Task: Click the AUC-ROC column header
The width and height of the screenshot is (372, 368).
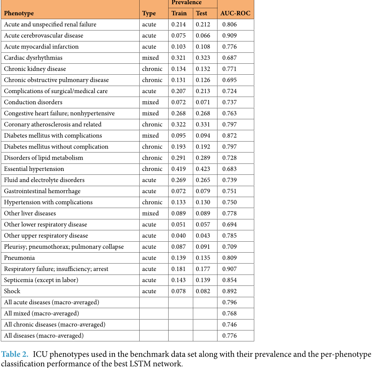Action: (235, 13)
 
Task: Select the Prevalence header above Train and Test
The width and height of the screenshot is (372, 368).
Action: (187, 3)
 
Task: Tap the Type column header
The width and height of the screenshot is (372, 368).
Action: (149, 13)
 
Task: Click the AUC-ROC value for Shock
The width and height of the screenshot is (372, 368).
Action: (230, 291)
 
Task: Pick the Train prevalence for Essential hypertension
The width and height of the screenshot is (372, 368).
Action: (179, 169)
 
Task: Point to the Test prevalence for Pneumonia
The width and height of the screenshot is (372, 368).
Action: (203, 258)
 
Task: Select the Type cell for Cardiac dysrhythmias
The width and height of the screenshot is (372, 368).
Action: (151, 58)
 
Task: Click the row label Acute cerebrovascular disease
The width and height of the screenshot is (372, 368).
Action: (43, 36)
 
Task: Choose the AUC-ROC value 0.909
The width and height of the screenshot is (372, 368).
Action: (230, 36)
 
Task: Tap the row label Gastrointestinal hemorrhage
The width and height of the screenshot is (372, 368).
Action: (42, 191)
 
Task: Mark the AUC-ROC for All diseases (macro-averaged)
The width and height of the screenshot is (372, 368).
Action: (230, 336)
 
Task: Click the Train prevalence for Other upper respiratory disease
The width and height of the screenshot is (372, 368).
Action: (179, 235)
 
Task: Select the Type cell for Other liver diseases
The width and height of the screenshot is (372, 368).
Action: (151, 214)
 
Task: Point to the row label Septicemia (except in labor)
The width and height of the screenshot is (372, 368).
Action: (41, 280)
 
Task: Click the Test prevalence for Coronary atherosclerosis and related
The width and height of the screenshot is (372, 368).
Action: (203, 124)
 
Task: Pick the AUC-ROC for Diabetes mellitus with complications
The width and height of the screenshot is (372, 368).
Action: (230, 136)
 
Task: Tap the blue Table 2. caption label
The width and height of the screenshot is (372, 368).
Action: (15, 354)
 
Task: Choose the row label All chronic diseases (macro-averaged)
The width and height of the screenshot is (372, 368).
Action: (54, 325)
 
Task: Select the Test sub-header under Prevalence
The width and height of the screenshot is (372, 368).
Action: (201, 13)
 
